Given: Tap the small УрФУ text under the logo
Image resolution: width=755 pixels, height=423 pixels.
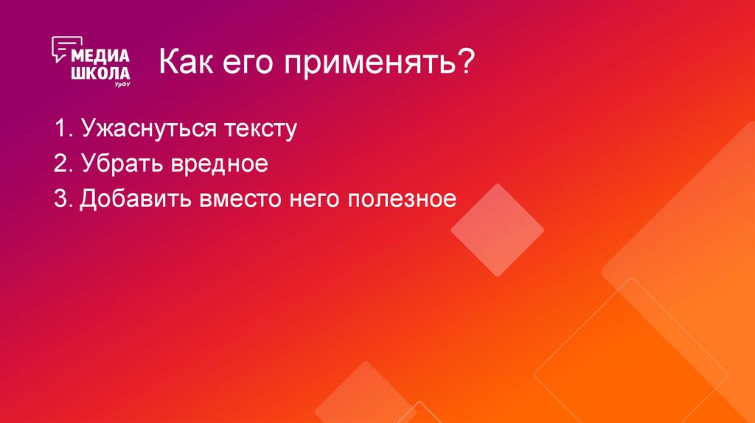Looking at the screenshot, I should click(x=122, y=85).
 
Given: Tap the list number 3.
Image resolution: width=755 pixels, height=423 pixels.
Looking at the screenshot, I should click(x=60, y=198).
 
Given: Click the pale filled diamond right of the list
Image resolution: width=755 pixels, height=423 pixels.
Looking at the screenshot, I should click(x=498, y=230).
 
